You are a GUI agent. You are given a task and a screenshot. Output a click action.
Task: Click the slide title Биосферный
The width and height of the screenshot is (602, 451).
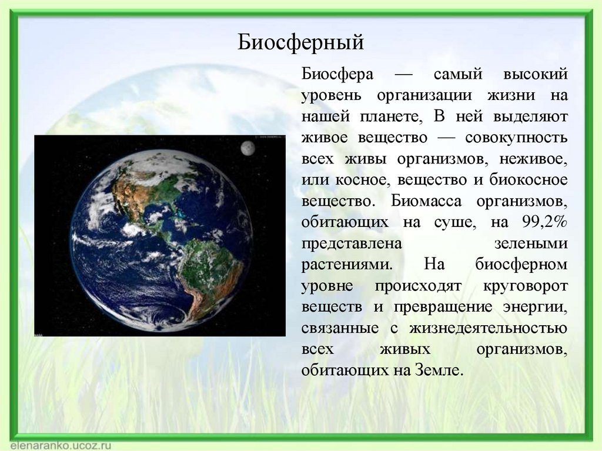click(302, 42)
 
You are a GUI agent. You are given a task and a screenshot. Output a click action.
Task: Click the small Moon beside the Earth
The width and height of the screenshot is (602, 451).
click(248, 149)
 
